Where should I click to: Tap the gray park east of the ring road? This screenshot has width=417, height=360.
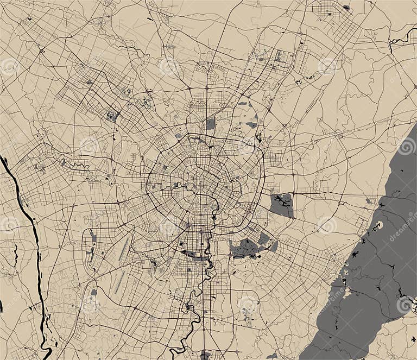[282, 205]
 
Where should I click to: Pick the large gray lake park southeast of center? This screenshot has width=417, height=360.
[247, 248]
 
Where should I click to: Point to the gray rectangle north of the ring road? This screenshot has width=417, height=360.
[211, 124]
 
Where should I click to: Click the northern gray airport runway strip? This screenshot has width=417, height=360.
[125, 248]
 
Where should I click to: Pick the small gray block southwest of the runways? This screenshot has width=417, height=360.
[94, 292]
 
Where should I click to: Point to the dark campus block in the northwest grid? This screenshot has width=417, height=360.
[112, 116]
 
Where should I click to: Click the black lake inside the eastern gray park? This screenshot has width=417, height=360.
[282, 201]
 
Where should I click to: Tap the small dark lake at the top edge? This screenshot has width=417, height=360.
[346, 7]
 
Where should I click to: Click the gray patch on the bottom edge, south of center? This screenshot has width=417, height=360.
[205, 355]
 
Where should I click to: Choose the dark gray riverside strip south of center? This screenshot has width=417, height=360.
[190, 254]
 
